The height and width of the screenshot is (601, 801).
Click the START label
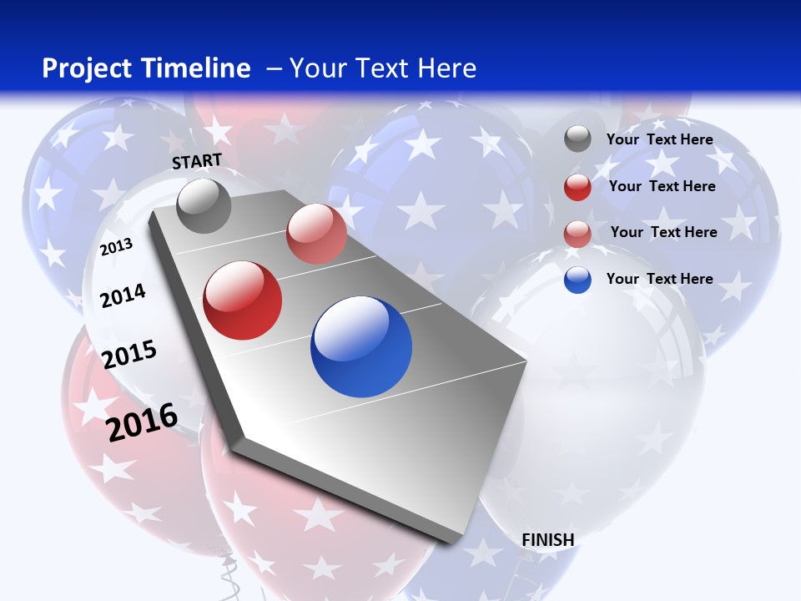[x=197, y=161]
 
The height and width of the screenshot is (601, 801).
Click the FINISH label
[x=548, y=540]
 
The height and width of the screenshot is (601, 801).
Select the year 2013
[x=116, y=246]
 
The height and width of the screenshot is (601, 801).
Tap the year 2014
[x=123, y=295]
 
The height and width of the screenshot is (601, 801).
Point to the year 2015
[x=129, y=355]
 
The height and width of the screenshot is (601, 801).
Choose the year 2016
[x=142, y=422]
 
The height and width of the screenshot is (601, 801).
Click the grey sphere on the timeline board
[x=204, y=205]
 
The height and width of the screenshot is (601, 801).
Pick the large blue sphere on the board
[x=361, y=346]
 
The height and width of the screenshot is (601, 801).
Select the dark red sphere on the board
[x=243, y=300]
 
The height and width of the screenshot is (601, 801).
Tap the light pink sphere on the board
[x=316, y=234]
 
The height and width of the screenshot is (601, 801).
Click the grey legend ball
[x=577, y=139]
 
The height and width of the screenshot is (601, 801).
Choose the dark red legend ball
[x=577, y=187]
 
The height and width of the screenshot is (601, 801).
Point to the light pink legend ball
[x=577, y=234]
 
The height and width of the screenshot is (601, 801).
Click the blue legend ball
[x=577, y=280]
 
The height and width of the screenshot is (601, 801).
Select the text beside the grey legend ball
[x=660, y=139]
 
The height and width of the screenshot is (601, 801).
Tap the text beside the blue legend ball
[x=660, y=279]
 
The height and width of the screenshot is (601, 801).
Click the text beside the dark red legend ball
[x=662, y=186]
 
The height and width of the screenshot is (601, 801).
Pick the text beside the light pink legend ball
[x=664, y=232]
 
